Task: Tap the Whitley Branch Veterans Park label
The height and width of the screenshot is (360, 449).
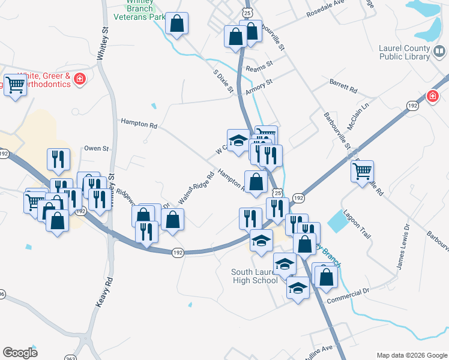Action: point(140,10)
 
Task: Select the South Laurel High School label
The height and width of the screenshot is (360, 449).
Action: point(255,276)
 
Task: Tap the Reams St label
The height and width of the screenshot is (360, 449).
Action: point(259,64)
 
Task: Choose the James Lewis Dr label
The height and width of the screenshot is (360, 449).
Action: point(401,247)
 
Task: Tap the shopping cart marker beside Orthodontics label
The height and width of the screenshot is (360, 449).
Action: point(14,85)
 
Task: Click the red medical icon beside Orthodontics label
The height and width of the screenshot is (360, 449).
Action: point(79,79)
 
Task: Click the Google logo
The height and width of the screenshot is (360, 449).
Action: point(20,353)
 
